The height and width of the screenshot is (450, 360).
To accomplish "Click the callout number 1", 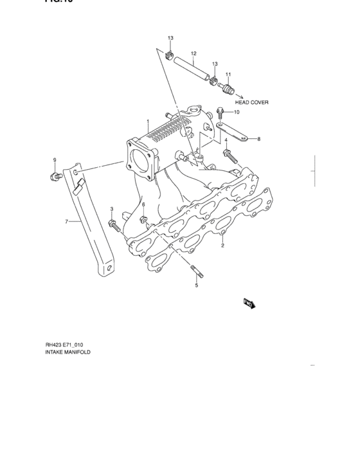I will point(147,122).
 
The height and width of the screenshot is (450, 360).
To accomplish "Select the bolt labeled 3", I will point(114,225).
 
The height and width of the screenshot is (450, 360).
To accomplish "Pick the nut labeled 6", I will point(144,221).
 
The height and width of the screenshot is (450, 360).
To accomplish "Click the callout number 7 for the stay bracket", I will point(66,221).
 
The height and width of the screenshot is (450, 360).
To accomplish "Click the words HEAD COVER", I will point(251,102).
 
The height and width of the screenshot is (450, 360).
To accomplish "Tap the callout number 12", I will point(194,53).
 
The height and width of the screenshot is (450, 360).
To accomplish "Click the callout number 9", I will point(55,159).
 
